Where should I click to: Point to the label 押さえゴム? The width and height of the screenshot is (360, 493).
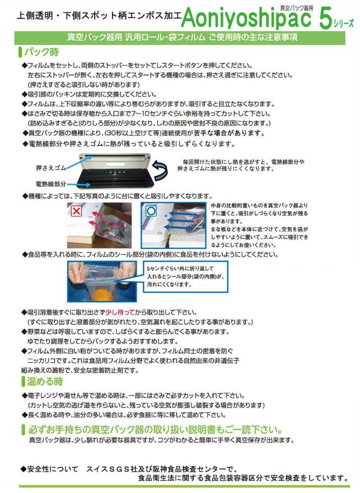(x=51, y=168)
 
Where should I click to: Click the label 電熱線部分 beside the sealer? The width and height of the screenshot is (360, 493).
(x=51, y=184)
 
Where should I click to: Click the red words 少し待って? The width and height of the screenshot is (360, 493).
(x=120, y=313)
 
